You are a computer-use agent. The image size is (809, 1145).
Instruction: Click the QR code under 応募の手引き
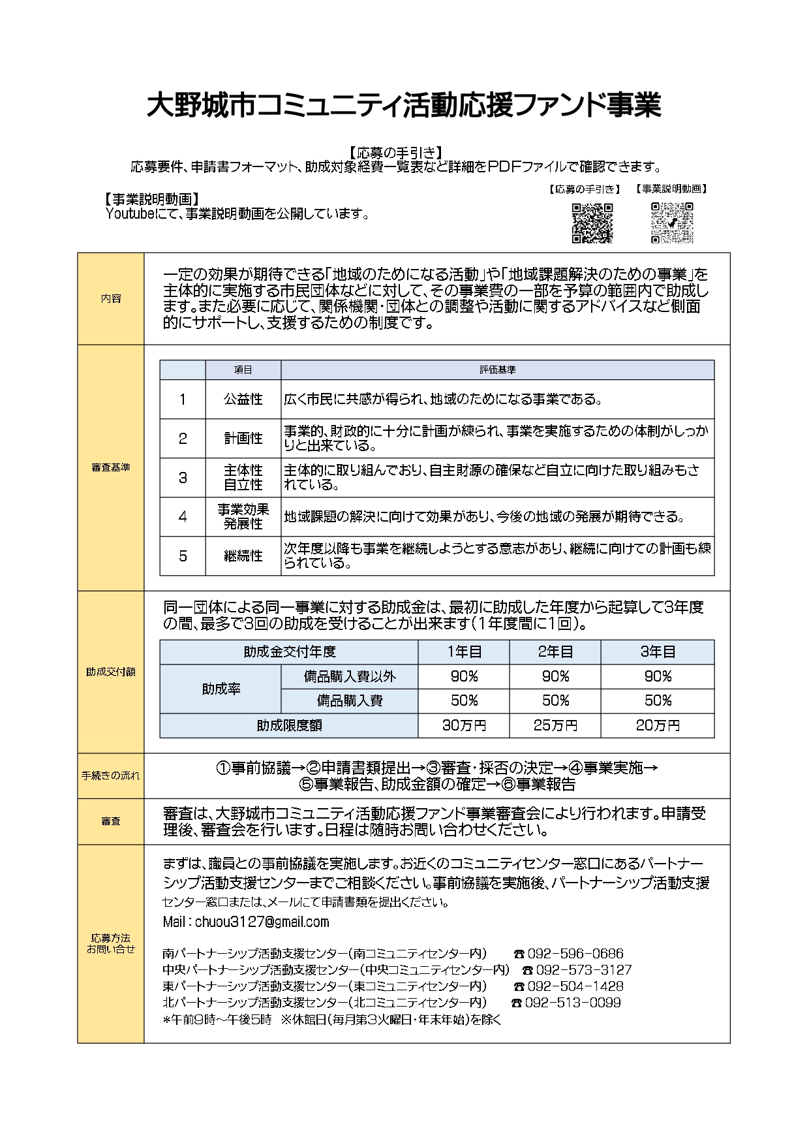click(592, 223)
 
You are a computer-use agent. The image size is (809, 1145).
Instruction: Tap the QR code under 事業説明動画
click(672, 223)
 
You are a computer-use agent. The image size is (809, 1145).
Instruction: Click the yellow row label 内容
click(111, 299)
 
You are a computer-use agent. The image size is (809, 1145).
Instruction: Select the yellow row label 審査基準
click(111, 467)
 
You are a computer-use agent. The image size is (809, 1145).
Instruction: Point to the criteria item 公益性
click(243, 399)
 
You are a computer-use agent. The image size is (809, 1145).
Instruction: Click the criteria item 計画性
click(243, 438)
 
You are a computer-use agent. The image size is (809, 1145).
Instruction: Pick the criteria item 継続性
click(243, 556)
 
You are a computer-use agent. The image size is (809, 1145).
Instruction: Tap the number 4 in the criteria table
click(183, 516)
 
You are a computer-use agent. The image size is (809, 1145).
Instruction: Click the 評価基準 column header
click(497, 369)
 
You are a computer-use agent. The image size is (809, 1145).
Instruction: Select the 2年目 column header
click(555, 651)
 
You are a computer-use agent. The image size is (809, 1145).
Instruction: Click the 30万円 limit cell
click(464, 725)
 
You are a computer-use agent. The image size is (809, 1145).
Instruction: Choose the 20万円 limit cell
click(658, 725)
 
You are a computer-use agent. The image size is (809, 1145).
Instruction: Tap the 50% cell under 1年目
click(464, 700)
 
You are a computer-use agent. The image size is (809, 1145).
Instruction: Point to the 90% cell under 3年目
click(658, 676)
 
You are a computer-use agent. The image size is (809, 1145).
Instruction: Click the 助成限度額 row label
click(288, 725)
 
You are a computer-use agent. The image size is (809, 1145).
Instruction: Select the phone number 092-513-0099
click(572, 1002)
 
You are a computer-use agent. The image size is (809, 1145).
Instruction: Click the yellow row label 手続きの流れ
click(111, 776)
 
